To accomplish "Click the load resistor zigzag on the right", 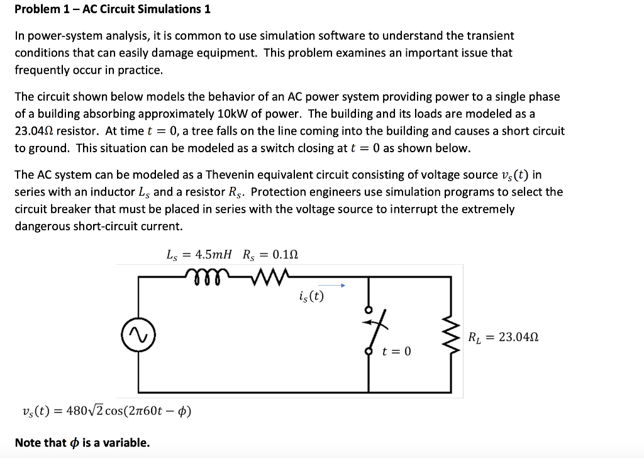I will pos(450,336).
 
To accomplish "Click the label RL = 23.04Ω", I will pos(504,337).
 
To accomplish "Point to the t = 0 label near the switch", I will pos(396,351).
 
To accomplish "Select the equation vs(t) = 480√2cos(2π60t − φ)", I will pos(106,411).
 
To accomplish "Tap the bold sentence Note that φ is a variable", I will pos(82,442).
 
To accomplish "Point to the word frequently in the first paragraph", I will pos(41,70).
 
